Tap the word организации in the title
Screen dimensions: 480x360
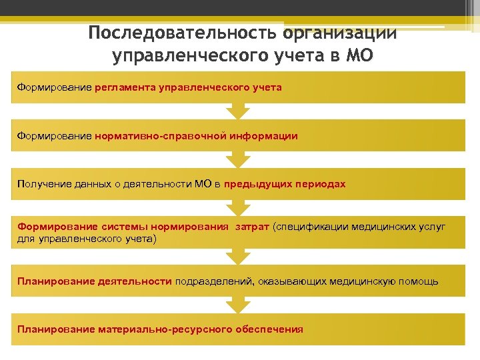[340, 34]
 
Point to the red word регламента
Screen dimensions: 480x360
[123, 87]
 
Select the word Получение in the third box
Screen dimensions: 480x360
[43, 184]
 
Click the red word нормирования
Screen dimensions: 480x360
[191, 226]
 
